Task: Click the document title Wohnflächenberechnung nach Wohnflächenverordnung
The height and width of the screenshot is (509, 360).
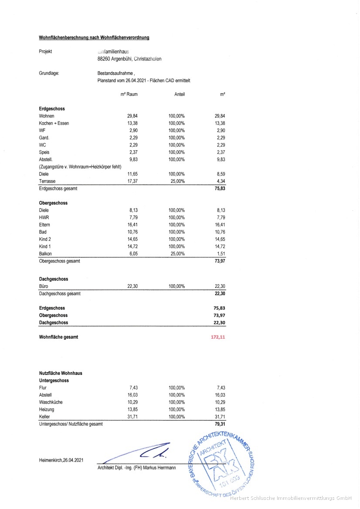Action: coord(94,38)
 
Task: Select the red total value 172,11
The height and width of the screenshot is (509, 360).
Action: coord(218,337)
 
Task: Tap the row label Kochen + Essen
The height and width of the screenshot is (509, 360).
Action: coord(54,123)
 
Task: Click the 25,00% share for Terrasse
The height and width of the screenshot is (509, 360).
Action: coord(177,181)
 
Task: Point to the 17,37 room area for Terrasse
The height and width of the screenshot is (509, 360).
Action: coord(132,181)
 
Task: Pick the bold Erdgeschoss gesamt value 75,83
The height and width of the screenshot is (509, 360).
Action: coord(220,189)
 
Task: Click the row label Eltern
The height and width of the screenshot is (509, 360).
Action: coord(45,225)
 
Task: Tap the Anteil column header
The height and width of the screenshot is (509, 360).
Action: coord(180,94)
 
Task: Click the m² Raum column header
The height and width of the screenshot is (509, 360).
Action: coord(129,94)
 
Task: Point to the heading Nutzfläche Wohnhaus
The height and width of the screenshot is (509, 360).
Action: coord(61,373)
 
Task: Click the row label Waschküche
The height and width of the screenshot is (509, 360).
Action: coord(52,402)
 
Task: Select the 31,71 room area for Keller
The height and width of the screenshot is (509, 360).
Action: coord(132,417)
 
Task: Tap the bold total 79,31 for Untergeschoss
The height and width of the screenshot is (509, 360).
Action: coord(220,424)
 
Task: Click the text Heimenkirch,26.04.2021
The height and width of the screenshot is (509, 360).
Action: coord(61,460)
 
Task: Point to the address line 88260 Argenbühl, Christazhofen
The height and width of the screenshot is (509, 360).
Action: coord(129,59)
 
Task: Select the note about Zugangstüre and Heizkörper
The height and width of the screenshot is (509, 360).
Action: coord(80,167)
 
